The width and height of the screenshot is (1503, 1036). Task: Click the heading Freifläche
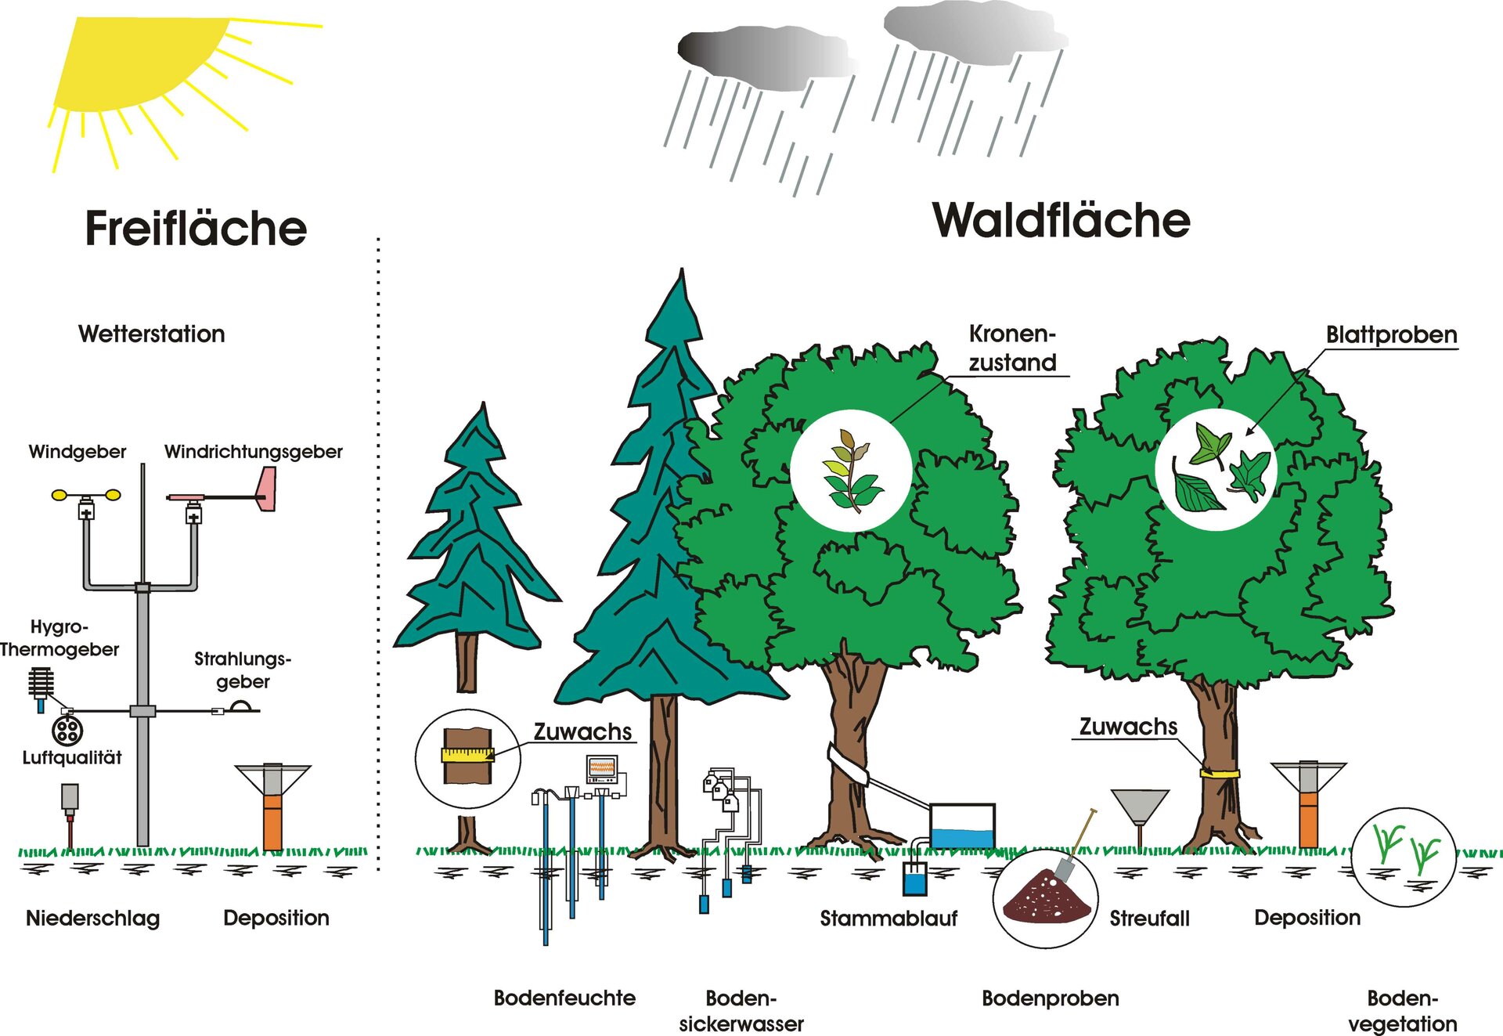tap(196, 229)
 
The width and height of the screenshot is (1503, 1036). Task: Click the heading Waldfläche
tap(1061, 221)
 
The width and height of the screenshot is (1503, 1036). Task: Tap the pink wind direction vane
tap(265, 490)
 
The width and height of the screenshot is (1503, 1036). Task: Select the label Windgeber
tap(77, 452)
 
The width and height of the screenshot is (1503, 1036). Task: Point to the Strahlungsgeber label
tap(243, 670)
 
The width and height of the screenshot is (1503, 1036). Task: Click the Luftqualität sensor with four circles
tap(67, 731)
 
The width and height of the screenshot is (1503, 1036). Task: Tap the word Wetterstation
tap(152, 334)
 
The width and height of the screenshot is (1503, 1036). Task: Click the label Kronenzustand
tap(1012, 348)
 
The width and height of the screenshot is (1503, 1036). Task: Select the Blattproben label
tap(1391, 335)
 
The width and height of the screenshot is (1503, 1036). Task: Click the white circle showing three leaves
tap(1216, 470)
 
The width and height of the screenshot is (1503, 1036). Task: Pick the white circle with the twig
tap(851, 471)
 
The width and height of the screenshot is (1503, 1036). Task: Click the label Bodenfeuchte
tap(564, 998)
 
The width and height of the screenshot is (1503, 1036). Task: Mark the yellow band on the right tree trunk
tap(1220, 773)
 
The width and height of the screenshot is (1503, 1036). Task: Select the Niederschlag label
tap(93, 919)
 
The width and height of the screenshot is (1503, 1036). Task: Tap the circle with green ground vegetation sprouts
tap(1404, 857)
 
